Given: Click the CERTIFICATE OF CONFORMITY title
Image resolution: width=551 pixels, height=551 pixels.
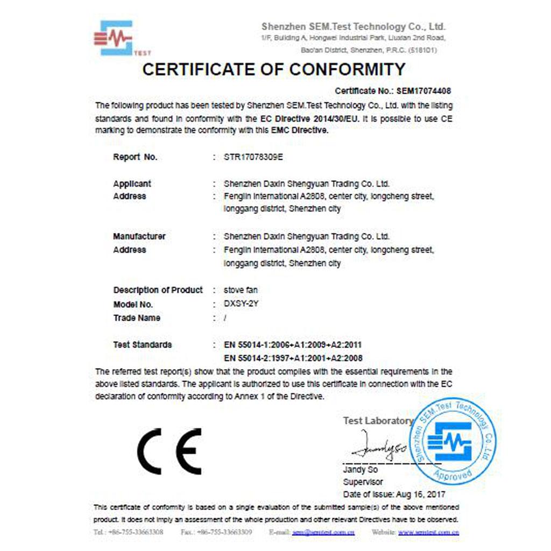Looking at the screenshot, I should click(273, 69).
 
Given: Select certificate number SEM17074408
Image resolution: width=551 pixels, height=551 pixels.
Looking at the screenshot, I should click(422, 91).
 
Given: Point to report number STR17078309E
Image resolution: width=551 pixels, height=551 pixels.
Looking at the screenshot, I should click(253, 158).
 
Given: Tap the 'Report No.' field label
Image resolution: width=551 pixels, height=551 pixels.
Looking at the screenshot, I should click(135, 158).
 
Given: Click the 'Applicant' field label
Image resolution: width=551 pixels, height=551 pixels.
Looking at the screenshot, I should click(132, 183).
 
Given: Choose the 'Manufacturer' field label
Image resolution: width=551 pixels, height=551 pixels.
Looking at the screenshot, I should click(139, 236).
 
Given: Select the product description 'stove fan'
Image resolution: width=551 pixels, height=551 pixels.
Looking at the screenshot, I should click(241, 290).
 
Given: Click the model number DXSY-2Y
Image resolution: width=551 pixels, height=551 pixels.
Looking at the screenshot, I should click(242, 304).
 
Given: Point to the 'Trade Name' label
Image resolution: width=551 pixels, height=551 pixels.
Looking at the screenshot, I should click(137, 318).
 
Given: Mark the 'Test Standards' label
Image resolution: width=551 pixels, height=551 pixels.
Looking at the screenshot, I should click(143, 344).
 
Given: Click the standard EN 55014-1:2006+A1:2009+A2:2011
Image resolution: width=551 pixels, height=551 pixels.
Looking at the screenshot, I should click(292, 344).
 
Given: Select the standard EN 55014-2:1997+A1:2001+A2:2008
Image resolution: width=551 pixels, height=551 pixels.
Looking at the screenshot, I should click(292, 358).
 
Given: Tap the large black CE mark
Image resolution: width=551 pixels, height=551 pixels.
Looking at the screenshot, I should click(169, 451).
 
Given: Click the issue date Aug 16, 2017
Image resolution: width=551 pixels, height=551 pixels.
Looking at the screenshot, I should click(421, 494).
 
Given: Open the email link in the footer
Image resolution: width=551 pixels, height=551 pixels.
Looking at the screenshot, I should click(323, 532).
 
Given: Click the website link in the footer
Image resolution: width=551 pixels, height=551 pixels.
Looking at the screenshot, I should click(428, 532).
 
